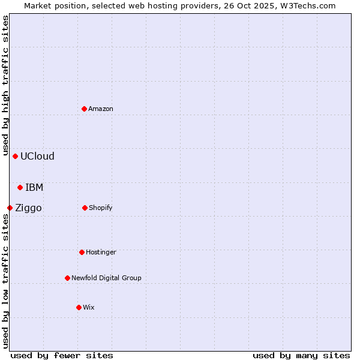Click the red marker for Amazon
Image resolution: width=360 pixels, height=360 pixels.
pyautogui.click(x=85, y=109)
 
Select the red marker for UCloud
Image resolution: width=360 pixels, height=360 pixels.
pyautogui.click(x=16, y=156)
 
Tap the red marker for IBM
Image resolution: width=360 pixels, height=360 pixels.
pyautogui.click(x=20, y=187)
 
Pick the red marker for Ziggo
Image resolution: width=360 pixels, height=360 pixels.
pyautogui.click(x=10, y=208)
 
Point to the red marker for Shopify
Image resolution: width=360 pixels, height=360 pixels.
pyautogui.click(x=85, y=208)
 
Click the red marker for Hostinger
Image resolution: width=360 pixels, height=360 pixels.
pyautogui.click(x=82, y=252)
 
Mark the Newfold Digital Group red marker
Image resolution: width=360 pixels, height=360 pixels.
pyautogui.click(x=68, y=278)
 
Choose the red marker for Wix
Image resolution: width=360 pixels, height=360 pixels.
pyautogui.click(x=79, y=307)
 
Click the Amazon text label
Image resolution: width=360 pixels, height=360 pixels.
pyautogui.click(x=101, y=109)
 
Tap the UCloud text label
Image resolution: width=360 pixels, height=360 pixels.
pyautogui.click(x=37, y=156)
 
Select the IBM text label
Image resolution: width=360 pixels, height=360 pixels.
pyautogui.click(x=34, y=187)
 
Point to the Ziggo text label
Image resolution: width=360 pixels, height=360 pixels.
pyautogui.click(x=28, y=208)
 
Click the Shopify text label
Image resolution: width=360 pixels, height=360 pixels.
pyautogui.click(x=101, y=208)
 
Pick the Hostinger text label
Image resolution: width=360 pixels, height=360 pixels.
pyautogui.click(x=101, y=252)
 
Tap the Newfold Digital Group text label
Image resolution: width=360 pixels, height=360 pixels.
pyautogui.click(x=106, y=278)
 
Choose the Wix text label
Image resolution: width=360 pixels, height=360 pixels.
pyautogui.click(x=89, y=307)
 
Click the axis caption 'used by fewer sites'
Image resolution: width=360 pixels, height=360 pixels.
pyautogui.click(x=62, y=355)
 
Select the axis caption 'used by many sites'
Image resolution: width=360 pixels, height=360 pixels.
pyautogui.click(x=301, y=355)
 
